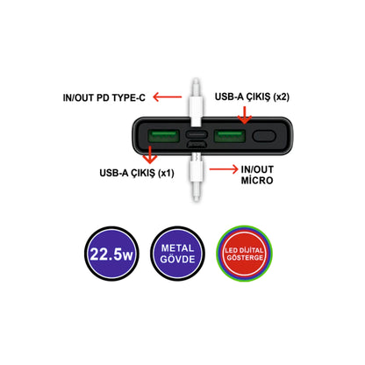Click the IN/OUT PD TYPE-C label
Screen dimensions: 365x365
tap(104, 97)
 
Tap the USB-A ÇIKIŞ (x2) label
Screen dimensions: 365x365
tap(252, 97)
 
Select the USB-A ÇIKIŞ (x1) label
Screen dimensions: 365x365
tap(137, 173)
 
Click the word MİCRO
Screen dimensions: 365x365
tap(257, 180)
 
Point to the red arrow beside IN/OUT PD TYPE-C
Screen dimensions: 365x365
tap(168, 97)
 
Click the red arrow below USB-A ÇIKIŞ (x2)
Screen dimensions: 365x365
tap(245, 115)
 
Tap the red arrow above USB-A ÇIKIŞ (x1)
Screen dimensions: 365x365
tap(150, 154)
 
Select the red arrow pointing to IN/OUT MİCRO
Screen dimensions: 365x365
tap(224, 169)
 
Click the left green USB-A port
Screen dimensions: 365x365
tap(163, 136)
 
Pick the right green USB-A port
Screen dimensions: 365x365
tap(230, 136)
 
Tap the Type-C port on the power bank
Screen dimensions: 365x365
tap(197, 134)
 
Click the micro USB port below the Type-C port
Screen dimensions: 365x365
tap(197, 144)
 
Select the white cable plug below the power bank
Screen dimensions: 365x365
tap(196, 176)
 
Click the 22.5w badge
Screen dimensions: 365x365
tap(111, 254)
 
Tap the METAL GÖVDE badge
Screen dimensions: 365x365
tap(177, 254)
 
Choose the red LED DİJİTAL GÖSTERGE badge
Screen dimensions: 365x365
tap(245, 254)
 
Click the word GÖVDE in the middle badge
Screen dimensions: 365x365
tap(177, 259)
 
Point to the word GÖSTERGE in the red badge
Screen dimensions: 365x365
tap(245, 258)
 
